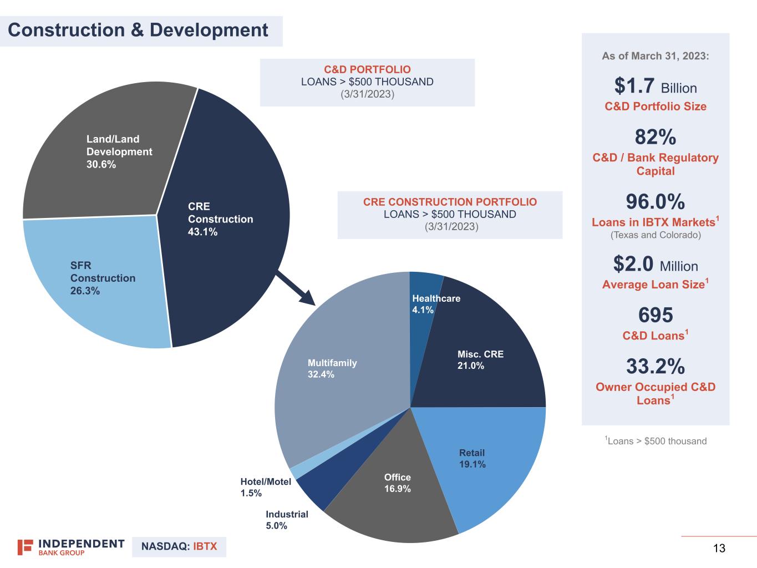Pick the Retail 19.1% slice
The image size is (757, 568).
point(477,460)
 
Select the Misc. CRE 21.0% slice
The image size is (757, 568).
point(482,361)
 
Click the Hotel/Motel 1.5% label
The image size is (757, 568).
point(265,487)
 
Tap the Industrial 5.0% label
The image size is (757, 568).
point(286,520)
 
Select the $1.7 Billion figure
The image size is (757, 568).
point(655,87)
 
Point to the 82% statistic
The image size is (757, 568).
point(655,137)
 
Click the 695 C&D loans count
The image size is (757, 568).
point(655,315)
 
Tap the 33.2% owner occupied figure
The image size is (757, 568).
point(655,367)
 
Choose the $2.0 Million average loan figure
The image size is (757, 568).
point(655,265)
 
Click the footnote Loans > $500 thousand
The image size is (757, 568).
point(656,441)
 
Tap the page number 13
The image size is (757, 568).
point(719,549)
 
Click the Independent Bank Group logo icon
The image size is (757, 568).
point(25,547)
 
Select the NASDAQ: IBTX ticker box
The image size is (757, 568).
point(179,546)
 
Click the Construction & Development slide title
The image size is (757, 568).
point(138,30)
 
